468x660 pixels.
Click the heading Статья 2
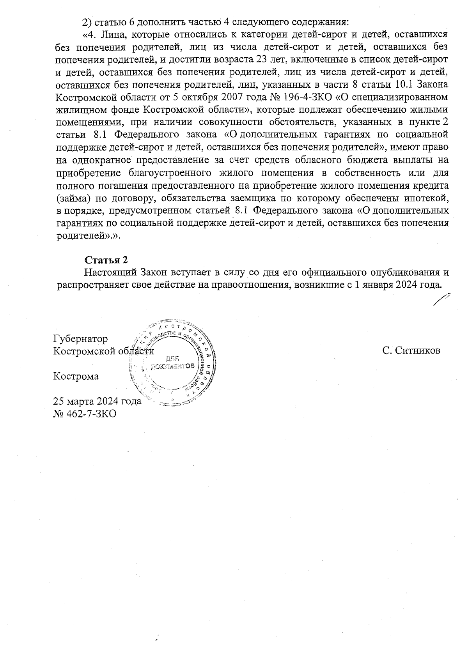pos(106,260)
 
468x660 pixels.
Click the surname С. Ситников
pos(411,350)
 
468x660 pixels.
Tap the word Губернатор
pos(80,338)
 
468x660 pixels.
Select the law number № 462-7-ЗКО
pos(85,414)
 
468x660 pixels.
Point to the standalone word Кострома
pos(76,376)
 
